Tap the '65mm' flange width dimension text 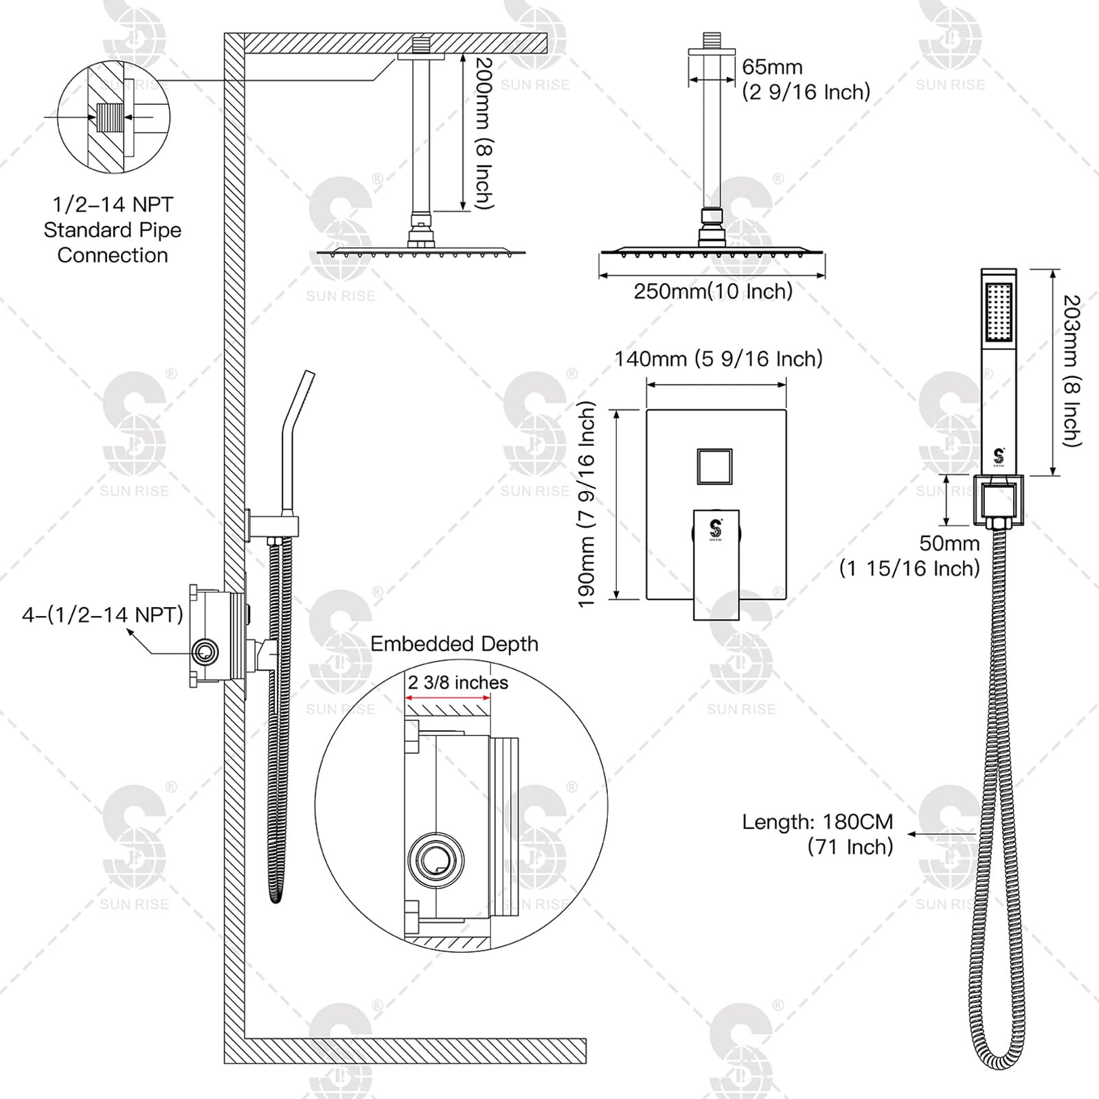(772, 67)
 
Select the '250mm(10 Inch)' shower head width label (712, 291)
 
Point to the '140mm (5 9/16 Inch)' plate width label (718, 359)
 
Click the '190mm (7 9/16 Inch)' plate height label (586, 505)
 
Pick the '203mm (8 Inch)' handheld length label (1072, 371)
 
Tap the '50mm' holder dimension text (949, 543)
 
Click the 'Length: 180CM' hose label (817, 822)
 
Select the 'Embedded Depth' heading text (454, 644)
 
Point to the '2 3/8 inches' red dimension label (457, 683)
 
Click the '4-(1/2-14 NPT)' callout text (103, 615)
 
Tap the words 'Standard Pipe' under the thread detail (113, 230)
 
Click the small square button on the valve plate (714, 467)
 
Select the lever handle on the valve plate (716, 563)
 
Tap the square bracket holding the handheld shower (999, 501)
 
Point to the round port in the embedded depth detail (435, 859)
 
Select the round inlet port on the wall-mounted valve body (205, 652)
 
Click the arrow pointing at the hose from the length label (941, 834)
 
